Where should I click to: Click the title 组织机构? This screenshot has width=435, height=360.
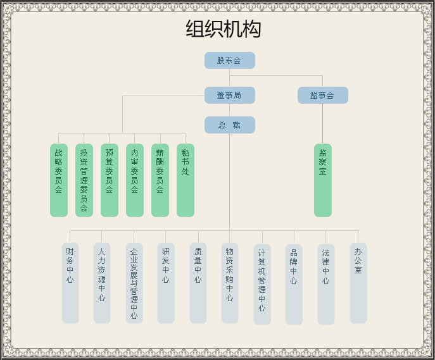click(223, 30)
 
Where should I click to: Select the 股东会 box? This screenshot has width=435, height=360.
click(229, 61)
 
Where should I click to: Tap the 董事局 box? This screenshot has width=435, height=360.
click(229, 96)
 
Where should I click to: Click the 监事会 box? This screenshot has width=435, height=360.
click(322, 96)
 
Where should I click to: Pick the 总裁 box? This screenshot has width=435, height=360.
click(229, 125)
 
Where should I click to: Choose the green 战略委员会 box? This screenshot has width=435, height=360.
click(59, 180)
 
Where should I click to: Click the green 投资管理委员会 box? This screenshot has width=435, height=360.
click(84, 180)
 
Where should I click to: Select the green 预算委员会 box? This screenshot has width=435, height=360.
click(110, 180)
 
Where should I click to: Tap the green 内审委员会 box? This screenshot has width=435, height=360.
click(135, 180)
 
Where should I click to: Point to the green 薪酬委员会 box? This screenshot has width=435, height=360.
click(160, 180)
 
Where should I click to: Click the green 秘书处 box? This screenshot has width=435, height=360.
click(186, 180)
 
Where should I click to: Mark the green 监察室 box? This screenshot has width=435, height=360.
click(323, 180)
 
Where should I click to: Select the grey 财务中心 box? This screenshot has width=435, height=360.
click(70, 283)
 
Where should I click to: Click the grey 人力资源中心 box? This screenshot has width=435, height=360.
click(102, 283)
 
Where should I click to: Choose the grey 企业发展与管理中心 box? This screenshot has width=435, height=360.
click(134, 283)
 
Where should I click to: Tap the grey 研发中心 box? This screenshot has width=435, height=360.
click(166, 283)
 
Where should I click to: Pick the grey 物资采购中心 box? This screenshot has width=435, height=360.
click(230, 283)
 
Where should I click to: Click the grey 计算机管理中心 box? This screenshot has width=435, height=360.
click(262, 284)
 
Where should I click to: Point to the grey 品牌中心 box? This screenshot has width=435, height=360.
click(294, 284)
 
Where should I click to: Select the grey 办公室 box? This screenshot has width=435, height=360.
click(358, 283)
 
